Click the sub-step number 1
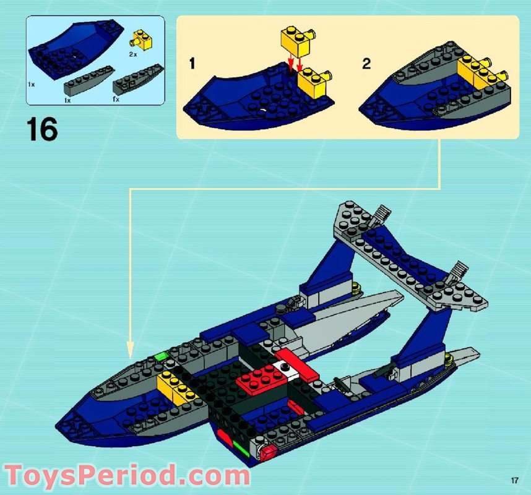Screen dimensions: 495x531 pos(192,63)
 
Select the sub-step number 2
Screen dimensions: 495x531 pos(366,63)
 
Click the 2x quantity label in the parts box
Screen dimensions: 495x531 pos(132,54)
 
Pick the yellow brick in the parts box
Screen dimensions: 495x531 pos(142,40)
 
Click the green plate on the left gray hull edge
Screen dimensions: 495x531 pos(163,357)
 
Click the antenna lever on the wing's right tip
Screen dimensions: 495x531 pos(460,270)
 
